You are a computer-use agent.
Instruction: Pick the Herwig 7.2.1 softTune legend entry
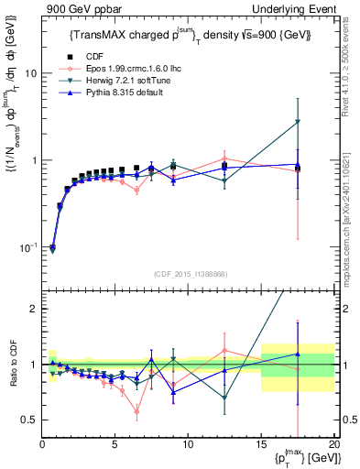tap(114, 80)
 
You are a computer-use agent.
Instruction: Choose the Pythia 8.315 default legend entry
tap(111, 92)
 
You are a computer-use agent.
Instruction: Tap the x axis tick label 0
tap(42, 444)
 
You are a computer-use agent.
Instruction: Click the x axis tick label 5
tap(115, 444)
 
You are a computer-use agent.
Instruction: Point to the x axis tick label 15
tap(261, 444)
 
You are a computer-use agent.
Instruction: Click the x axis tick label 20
tap(333, 444)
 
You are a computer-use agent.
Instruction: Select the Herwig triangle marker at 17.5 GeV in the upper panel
tap(298, 122)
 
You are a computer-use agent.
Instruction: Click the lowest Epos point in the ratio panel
tap(136, 411)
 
